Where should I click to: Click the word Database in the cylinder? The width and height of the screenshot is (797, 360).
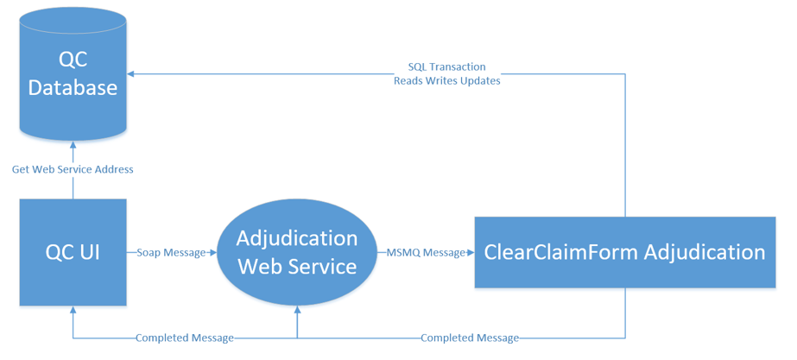(x=73, y=87)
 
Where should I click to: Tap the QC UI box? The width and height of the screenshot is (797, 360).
(x=73, y=252)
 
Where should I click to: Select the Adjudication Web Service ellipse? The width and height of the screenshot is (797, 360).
(x=297, y=252)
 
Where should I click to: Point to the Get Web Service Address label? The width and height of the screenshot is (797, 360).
(x=73, y=169)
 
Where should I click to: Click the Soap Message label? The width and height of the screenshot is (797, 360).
(x=171, y=252)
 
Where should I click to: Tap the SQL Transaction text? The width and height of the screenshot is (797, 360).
(x=446, y=67)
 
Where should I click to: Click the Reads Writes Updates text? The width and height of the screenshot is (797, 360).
(x=446, y=81)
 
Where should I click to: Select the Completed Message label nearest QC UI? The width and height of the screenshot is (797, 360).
(x=185, y=338)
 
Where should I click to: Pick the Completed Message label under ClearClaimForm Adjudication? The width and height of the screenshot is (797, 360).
(x=470, y=338)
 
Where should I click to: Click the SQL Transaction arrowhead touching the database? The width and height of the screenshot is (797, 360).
(x=130, y=74)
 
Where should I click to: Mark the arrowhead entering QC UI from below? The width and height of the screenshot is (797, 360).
(x=73, y=310)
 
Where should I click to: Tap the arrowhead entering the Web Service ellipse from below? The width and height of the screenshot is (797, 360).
(x=297, y=309)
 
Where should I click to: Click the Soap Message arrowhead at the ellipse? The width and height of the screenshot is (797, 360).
(x=213, y=252)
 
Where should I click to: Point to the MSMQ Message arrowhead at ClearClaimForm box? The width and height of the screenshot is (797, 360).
(x=471, y=252)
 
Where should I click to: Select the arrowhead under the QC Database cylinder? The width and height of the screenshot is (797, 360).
(x=73, y=145)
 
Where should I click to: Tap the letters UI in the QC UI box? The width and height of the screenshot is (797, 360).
(x=88, y=253)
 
